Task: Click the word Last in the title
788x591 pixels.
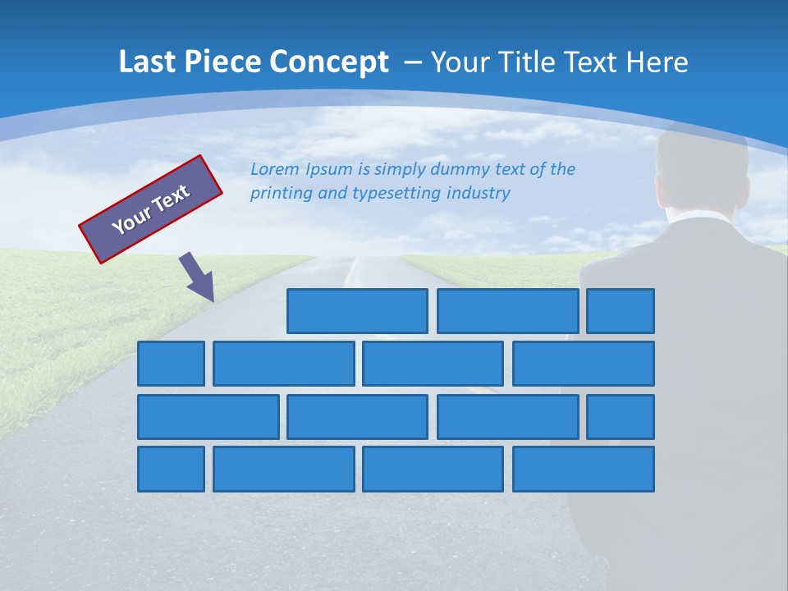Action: [146, 62]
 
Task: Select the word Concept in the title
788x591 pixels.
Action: [328, 62]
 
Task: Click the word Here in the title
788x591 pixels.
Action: [657, 62]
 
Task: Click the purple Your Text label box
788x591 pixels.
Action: [151, 209]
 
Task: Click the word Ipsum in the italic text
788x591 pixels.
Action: [328, 170]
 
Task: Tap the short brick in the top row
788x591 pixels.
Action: [621, 311]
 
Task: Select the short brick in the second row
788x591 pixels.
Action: [171, 364]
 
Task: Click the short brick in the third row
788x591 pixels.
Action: [621, 417]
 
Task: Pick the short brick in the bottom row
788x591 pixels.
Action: [171, 470]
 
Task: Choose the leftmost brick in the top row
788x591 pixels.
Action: [357, 311]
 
